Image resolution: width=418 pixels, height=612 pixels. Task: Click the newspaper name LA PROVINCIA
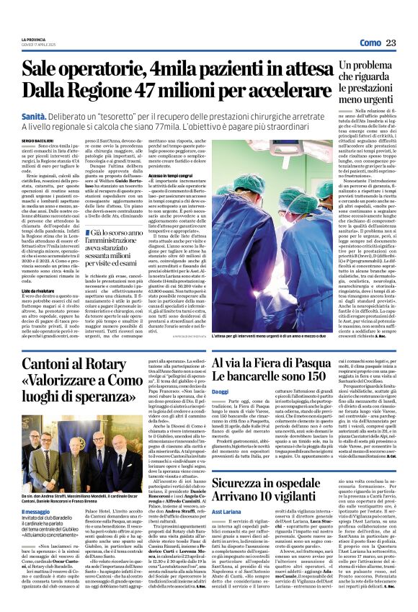34,39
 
